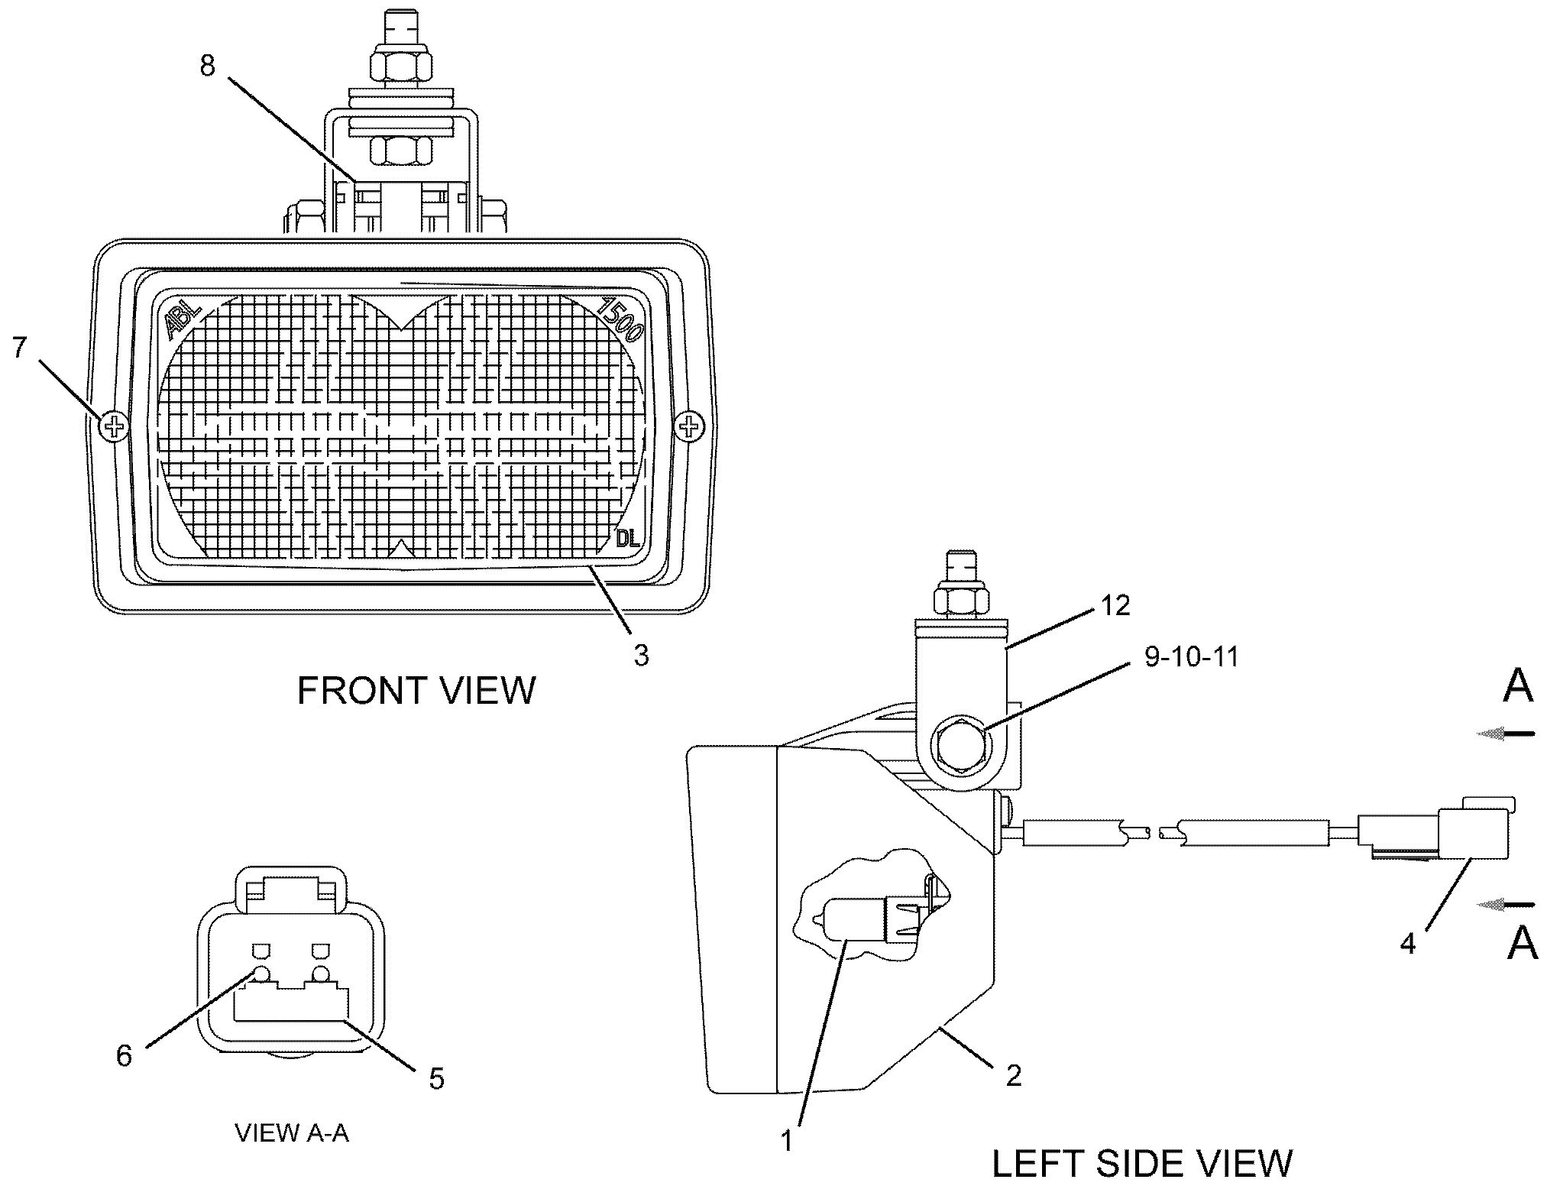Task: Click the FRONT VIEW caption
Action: click(416, 691)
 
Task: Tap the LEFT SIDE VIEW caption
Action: click(1142, 1162)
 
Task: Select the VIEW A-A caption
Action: click(292, 1132)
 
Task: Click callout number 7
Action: click(20, 348)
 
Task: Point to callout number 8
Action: click(208, 66)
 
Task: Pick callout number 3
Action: click(641, 654)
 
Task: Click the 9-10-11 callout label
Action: click(1191, 656)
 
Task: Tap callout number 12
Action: click(1115, 605)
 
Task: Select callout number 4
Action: click(1408, 944)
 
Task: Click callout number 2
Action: click(1014, 1076)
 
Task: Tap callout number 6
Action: click(124, 1055)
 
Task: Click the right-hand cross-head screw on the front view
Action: click(689, 425)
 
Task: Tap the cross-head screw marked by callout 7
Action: click(115, 426)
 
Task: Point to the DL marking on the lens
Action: click(628, 539)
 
